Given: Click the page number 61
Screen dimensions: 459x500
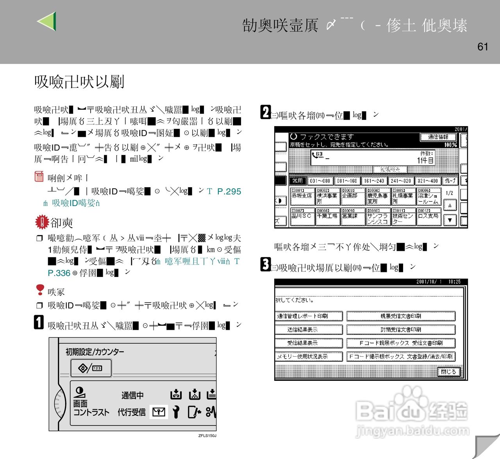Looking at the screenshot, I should click(483, 47).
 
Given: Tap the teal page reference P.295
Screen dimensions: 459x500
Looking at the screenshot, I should click(229, 191).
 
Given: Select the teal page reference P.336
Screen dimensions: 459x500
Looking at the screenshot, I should click(59, 273).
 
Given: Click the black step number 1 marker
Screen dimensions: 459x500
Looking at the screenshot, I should click(39, 322).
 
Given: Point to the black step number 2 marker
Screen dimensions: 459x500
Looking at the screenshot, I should click(266, 112).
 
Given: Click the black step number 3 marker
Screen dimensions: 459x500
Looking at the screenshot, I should click(266, 264).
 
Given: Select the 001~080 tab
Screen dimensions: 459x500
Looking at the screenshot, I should click(320, 181).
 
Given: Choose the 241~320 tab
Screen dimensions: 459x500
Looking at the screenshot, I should click(401, 181).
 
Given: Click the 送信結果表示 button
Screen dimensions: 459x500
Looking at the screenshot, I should click(309, 330).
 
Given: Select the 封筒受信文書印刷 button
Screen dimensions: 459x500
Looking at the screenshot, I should click(401, 330).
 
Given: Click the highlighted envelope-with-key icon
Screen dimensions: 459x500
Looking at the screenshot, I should click(159, 412).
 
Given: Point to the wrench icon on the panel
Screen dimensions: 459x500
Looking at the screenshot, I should click(176, 412).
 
